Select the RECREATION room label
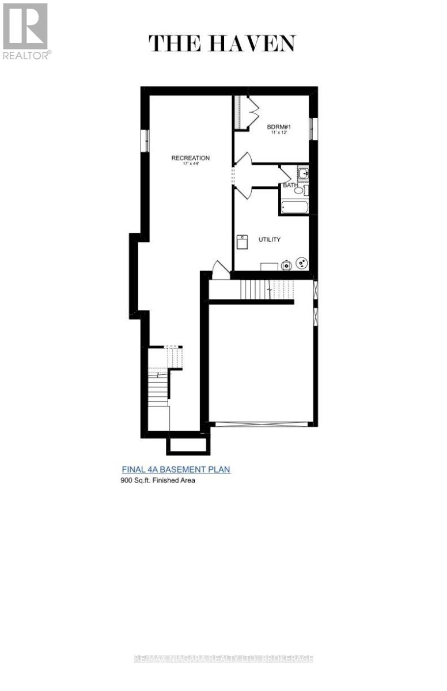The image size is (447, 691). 190,158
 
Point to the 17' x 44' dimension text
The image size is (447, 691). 190,164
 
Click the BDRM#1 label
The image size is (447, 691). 277,127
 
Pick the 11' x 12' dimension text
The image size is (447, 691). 277,133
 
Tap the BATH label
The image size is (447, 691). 290,185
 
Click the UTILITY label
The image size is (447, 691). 269,240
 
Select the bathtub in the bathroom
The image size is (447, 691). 294,207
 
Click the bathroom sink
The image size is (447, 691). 303,172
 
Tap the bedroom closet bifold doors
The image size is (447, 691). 248,112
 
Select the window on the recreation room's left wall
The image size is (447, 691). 146,142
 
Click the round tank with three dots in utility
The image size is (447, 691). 301,263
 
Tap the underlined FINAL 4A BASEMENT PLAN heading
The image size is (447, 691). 176,469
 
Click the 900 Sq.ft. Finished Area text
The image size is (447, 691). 157,480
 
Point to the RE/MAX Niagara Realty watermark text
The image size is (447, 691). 223,659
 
